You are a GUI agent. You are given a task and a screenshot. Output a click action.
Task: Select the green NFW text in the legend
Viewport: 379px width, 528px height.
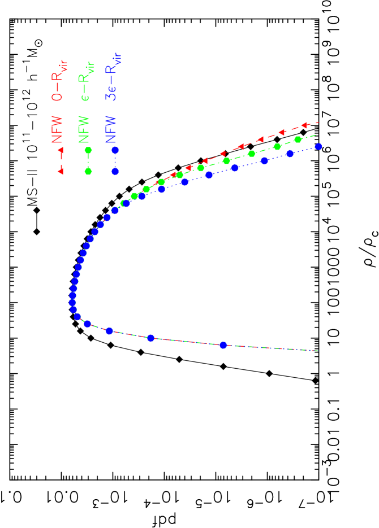[84, 129]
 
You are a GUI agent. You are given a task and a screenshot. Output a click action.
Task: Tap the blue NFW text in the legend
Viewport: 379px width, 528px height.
[111, 129]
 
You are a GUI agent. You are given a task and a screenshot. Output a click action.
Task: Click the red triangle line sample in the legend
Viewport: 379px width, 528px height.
[61, 159]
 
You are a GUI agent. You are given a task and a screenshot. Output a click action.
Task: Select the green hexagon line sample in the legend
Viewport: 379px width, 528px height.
[88, 159]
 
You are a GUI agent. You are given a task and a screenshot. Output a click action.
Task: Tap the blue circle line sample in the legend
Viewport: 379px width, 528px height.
[115, 160]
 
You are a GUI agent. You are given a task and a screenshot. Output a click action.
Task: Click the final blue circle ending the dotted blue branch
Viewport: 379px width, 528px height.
[318, 146]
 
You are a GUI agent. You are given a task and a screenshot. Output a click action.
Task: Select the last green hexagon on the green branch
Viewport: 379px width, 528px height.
[298, 139]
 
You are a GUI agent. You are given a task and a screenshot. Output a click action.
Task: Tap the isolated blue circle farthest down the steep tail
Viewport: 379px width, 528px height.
[223, 344]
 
